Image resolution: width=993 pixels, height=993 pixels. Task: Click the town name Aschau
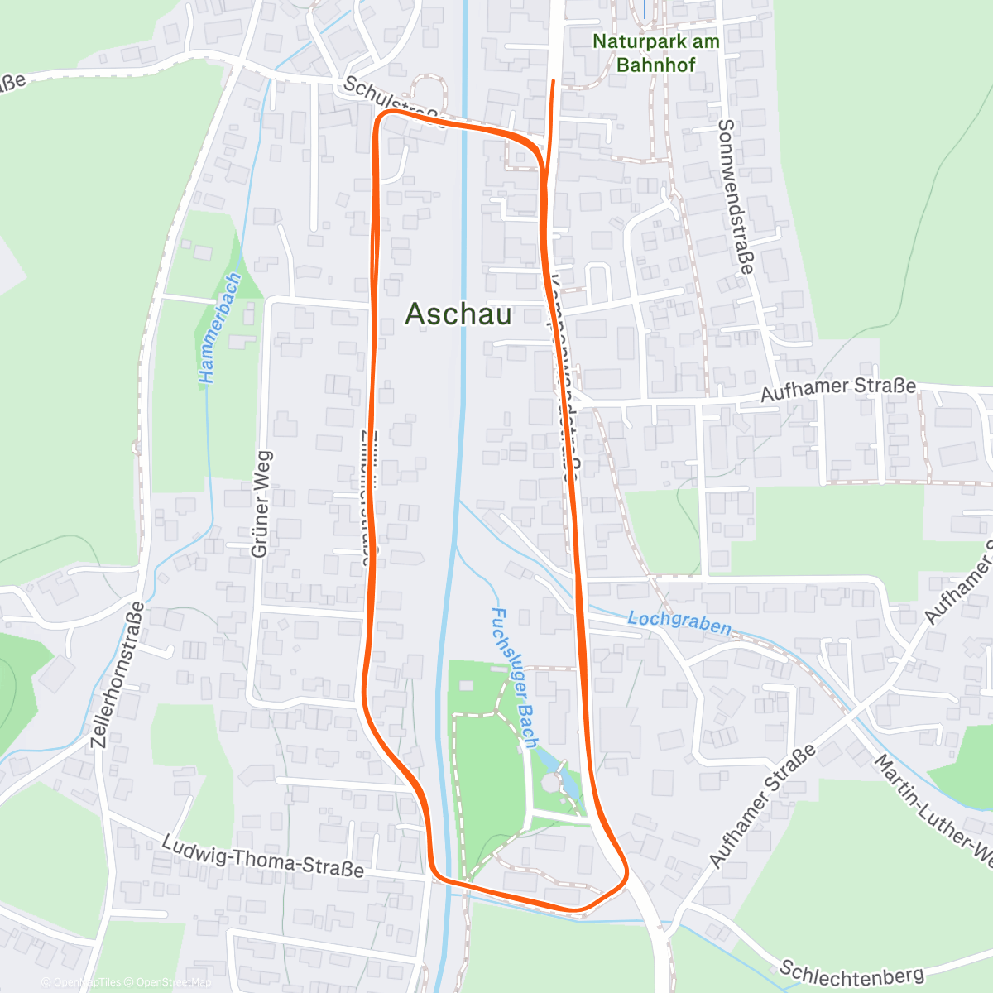pyautogui.click(x=458, y=314)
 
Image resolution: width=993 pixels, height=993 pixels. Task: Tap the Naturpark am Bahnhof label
pyautogui.click(x=655, y=53)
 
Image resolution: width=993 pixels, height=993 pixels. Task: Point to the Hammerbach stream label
pyautogui.click(x=219, y=328)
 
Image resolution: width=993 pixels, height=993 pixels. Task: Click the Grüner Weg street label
pyautogui.click(x=261, y=504)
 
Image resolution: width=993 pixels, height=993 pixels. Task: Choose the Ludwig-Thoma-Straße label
pyautogui.click(x=262, y=856)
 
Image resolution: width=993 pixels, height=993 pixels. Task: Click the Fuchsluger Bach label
pyautogui.click(x=515, y=678)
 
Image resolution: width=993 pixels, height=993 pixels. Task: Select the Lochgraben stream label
pyautogui.click(x=679, y=622)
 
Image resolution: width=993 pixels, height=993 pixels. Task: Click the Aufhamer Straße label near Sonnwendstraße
pyautogui.click(x=837, y=389)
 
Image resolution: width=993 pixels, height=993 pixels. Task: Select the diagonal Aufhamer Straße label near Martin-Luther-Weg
pyautogui.click(x=763, y=804)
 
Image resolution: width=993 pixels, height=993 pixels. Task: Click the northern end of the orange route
pyautogui.click(x=554, y=81)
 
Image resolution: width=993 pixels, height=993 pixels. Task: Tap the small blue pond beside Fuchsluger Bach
pyautogui.click(x=569, y=781)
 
